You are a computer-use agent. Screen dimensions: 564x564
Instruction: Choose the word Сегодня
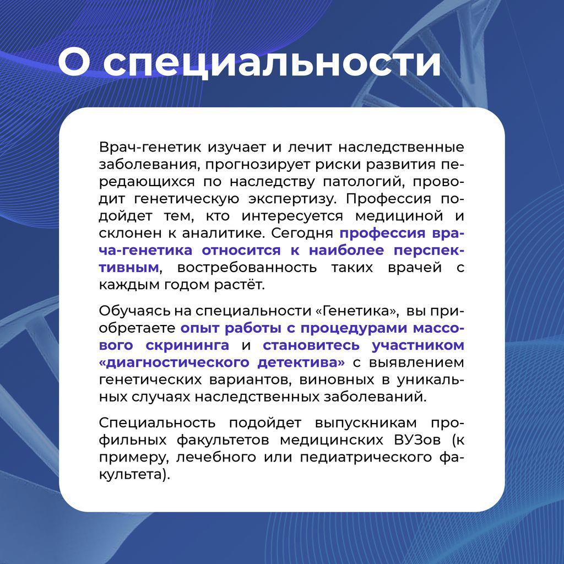point(302,234)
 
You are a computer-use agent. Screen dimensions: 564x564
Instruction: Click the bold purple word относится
point(241,251)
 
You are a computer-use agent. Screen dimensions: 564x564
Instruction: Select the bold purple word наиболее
point(346,250)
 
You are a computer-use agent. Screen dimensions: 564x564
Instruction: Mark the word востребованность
point(247,268)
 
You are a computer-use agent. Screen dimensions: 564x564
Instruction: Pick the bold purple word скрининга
point(187,345)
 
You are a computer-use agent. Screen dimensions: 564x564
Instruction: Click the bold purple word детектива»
point(301,362)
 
